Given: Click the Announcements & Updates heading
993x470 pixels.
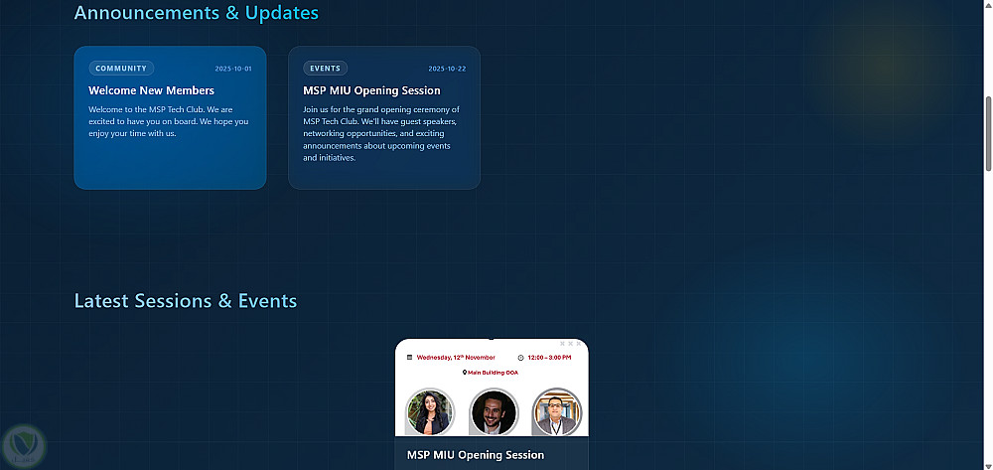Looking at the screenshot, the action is click(197, 13).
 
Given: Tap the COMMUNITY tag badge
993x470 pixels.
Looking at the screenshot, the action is click(121, 69).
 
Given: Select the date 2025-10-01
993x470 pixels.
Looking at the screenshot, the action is click(233, 69).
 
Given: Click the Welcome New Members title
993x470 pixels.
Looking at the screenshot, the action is click(151, 90).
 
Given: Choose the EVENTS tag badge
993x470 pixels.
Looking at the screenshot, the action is click(326, 69).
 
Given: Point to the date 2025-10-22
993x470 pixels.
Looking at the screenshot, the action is click(447, 69).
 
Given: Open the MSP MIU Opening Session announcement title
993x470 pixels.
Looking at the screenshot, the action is click(371, 90).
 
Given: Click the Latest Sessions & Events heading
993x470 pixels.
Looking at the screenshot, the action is click(186, 301).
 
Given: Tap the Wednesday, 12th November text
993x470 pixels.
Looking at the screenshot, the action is click(456, 358).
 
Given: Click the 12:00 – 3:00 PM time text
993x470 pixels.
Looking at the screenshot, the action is click(550, 358).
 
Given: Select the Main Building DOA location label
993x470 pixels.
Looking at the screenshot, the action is click(493, 373).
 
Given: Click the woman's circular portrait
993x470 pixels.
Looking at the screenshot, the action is click(431, 411).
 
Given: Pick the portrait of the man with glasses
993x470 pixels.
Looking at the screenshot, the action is click(557, 411).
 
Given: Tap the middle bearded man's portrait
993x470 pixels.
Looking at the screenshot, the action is click(494, 411).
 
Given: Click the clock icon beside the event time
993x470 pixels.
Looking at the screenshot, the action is click(520, 358).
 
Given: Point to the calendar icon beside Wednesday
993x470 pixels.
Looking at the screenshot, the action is click(409, 358).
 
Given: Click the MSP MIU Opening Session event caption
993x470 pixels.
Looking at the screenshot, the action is click(476, 455).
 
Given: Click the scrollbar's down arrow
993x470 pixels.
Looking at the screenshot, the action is click(988, 465).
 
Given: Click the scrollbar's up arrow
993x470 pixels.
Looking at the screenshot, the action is click(988, 4).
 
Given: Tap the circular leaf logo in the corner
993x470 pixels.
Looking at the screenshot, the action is click(24, 446).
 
